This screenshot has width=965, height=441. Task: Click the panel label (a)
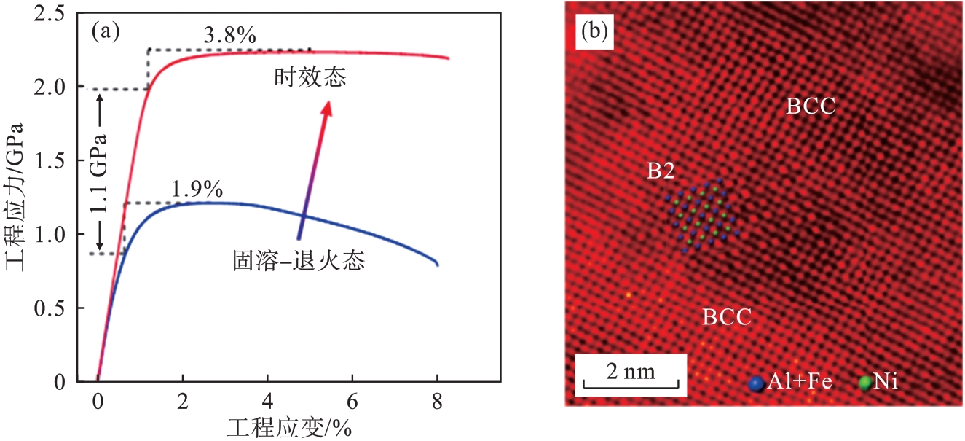coord(105,31)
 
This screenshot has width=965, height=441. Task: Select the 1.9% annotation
coord(197,189)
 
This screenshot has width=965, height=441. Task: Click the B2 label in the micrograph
coord(661,171)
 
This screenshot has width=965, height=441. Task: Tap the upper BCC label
coord(810,107)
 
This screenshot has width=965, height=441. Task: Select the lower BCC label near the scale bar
coord(726,317)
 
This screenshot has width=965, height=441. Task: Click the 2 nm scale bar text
coord(631,372)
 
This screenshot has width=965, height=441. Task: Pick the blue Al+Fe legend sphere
coord(757,382)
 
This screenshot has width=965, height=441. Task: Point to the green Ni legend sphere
coord(864,382)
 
